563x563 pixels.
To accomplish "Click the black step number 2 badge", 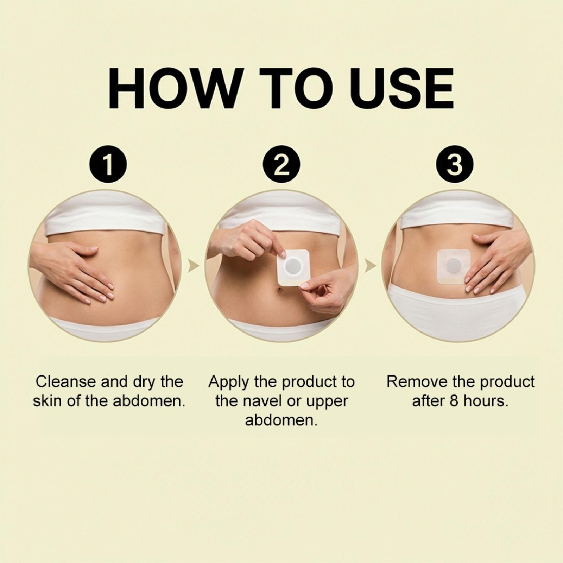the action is [281, 164].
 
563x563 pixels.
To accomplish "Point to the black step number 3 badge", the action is [455, 164].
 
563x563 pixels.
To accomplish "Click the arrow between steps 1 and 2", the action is [194, 266].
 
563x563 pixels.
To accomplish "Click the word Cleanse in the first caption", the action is [66, 381].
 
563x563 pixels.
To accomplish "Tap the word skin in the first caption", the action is [48, 401].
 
